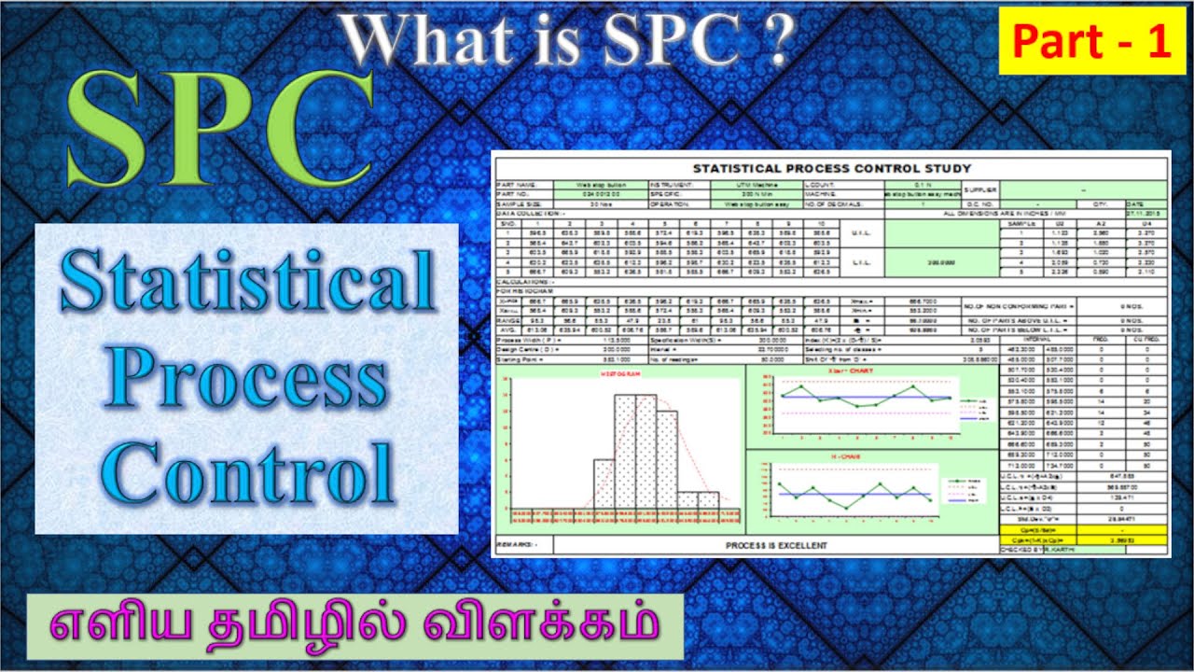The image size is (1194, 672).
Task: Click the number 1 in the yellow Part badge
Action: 1159,42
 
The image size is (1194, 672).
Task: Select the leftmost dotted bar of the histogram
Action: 604,484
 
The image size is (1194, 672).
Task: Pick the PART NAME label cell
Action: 519,185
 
